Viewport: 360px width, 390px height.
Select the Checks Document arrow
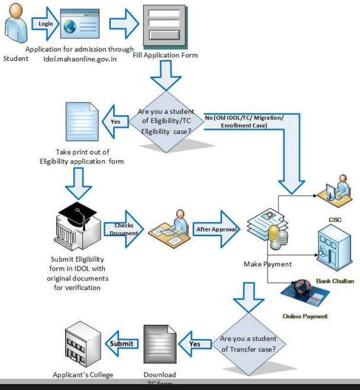coord(121,229)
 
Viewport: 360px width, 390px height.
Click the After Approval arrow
coord(216,230)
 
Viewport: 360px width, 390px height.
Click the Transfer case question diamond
coord(249,343)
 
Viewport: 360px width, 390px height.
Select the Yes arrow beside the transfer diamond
coord(194,344)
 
